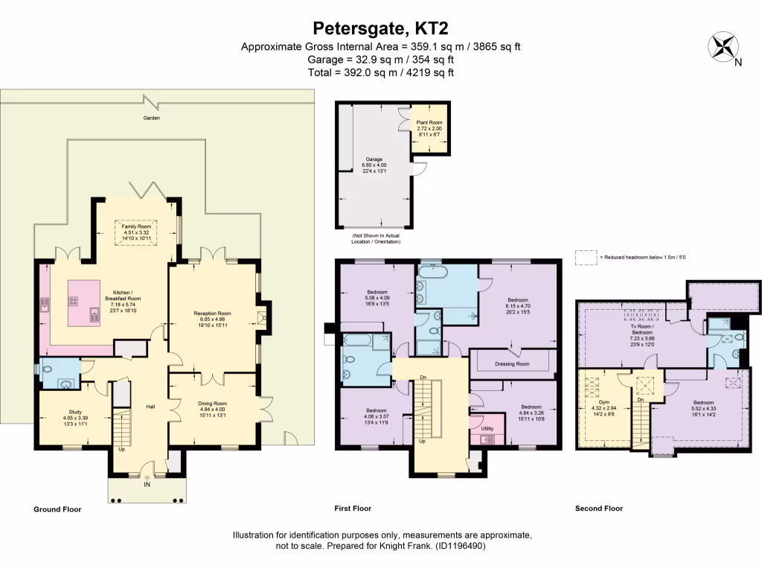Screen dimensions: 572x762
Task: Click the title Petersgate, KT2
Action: tap(380, 28)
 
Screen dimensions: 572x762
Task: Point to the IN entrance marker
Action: tap(147, 483)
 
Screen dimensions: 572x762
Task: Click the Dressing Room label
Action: tap(512, 364)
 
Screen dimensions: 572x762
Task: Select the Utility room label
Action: tap(487, 429)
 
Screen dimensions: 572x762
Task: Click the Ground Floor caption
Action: tap(57, 509)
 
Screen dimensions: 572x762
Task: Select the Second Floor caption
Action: tap(599, 509)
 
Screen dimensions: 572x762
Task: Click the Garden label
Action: tap(152, 118)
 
